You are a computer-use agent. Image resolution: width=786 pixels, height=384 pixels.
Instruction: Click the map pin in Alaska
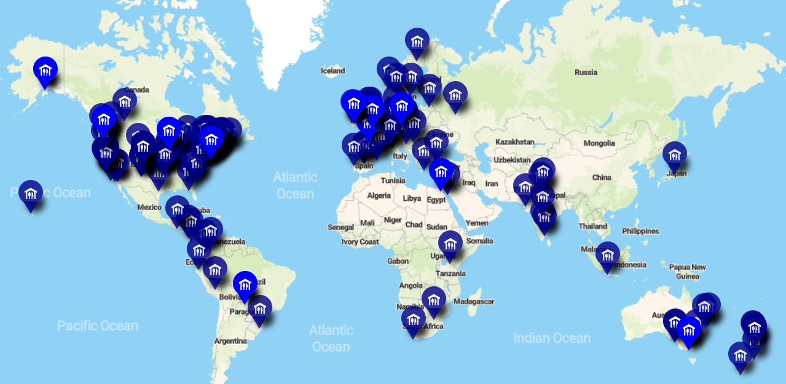coord(45,70)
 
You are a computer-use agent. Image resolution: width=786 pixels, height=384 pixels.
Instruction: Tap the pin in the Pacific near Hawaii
coord(31,194)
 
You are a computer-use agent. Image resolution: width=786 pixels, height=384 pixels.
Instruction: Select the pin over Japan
coord(675,155)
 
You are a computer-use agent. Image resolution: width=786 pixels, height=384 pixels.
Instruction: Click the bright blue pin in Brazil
coord(245,284)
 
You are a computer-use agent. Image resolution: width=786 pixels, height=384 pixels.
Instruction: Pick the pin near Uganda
coord(450,244)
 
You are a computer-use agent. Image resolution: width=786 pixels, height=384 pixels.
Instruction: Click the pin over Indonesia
coord(608,255)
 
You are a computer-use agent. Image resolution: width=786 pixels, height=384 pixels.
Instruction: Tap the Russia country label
coord(586,72)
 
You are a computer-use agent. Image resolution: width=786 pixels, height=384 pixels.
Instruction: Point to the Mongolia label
coord(599,143)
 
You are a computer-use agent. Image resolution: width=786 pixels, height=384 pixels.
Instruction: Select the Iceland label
coord(333,71)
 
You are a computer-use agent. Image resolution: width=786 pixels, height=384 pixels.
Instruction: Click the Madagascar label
coord(474,301)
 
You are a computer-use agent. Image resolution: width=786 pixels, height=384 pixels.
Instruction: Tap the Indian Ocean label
coord(552,338)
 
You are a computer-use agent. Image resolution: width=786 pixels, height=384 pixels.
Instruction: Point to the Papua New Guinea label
coord(688,272)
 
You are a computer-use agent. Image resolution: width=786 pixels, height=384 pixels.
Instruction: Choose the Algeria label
coord(379,195)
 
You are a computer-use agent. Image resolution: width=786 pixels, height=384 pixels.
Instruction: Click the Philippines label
coord(640,231)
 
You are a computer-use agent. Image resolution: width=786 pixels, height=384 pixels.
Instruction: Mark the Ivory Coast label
coord(360,242)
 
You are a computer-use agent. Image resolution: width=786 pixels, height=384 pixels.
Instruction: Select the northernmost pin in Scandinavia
coord(417,41)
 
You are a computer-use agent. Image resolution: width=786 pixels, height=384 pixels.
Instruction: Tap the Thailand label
coord(592,226)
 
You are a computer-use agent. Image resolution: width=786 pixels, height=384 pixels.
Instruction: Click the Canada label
coord(136,90)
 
